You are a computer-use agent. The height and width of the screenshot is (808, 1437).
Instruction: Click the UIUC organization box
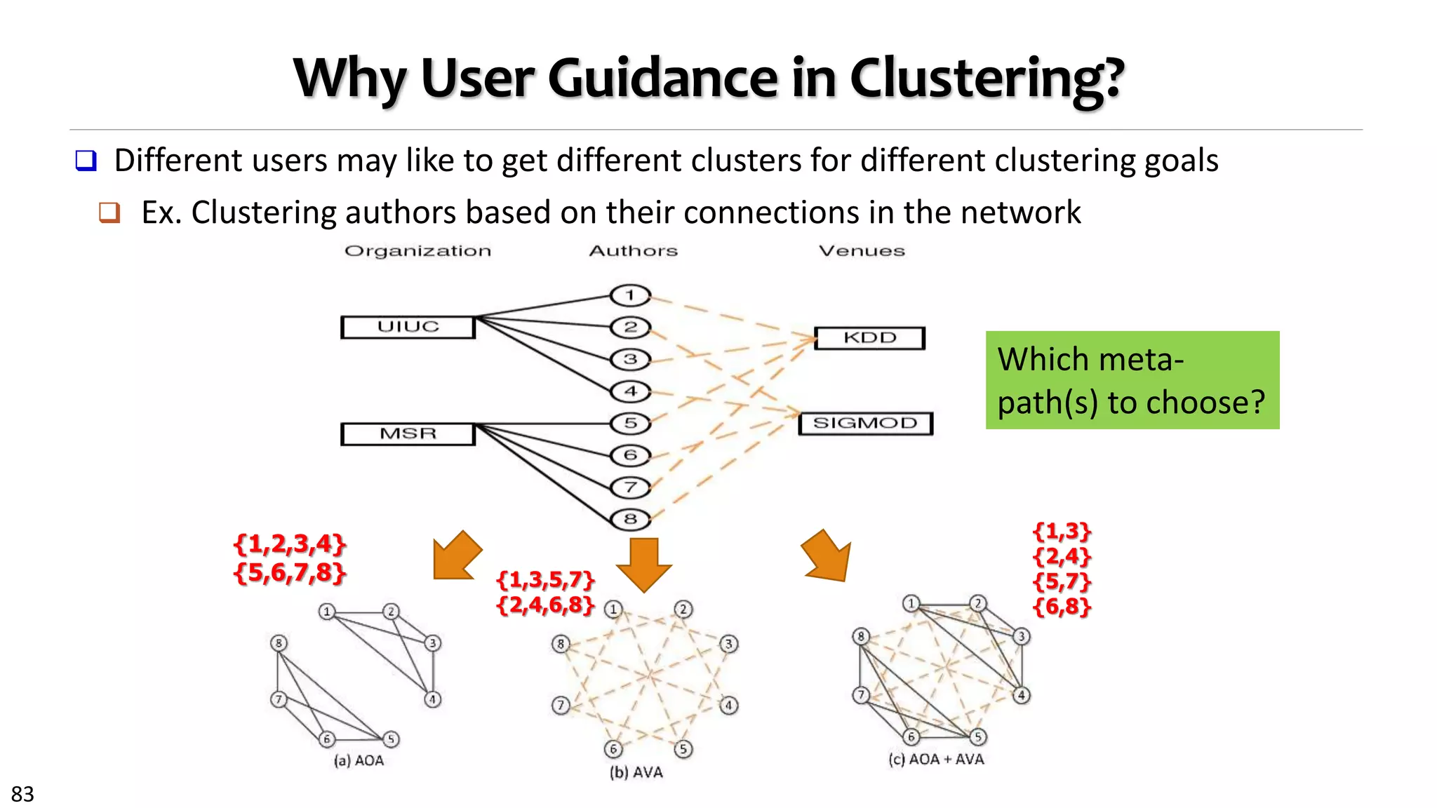click(408, 328)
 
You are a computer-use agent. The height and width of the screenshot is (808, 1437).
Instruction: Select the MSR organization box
click(408, 434)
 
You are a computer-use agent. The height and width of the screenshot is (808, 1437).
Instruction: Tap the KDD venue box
click(869, 338)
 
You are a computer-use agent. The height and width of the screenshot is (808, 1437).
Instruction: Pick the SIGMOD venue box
click(865, 424)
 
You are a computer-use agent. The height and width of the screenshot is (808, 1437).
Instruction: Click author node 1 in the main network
click(630, 295)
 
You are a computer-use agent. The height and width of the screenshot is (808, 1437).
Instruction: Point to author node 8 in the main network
click(630, 519)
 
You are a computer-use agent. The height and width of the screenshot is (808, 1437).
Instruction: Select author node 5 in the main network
click(630, 423)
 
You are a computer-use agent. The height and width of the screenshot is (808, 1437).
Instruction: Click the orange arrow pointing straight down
click(644, 564)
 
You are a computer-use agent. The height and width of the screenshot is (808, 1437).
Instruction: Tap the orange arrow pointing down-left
click(457, 556)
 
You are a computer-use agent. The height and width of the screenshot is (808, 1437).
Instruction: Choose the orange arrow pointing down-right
click(828, 557)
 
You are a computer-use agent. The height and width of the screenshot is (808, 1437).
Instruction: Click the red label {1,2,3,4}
click(290, 544)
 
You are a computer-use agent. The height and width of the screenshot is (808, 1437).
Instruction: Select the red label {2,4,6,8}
click(546, 605)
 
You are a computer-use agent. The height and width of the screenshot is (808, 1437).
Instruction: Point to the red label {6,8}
click(1062, 606)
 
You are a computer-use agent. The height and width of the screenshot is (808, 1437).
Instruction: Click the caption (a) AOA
click(359, 760)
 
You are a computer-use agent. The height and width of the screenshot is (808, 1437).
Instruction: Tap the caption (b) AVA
click(636, 772)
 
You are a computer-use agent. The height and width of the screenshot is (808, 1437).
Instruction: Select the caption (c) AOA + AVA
click(936, 759)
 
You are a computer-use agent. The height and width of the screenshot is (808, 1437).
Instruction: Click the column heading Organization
click(417, 251)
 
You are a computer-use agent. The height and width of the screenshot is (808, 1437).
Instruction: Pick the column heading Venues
click(862, 251)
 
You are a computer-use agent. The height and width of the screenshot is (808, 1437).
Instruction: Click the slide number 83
click(22, 794)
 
